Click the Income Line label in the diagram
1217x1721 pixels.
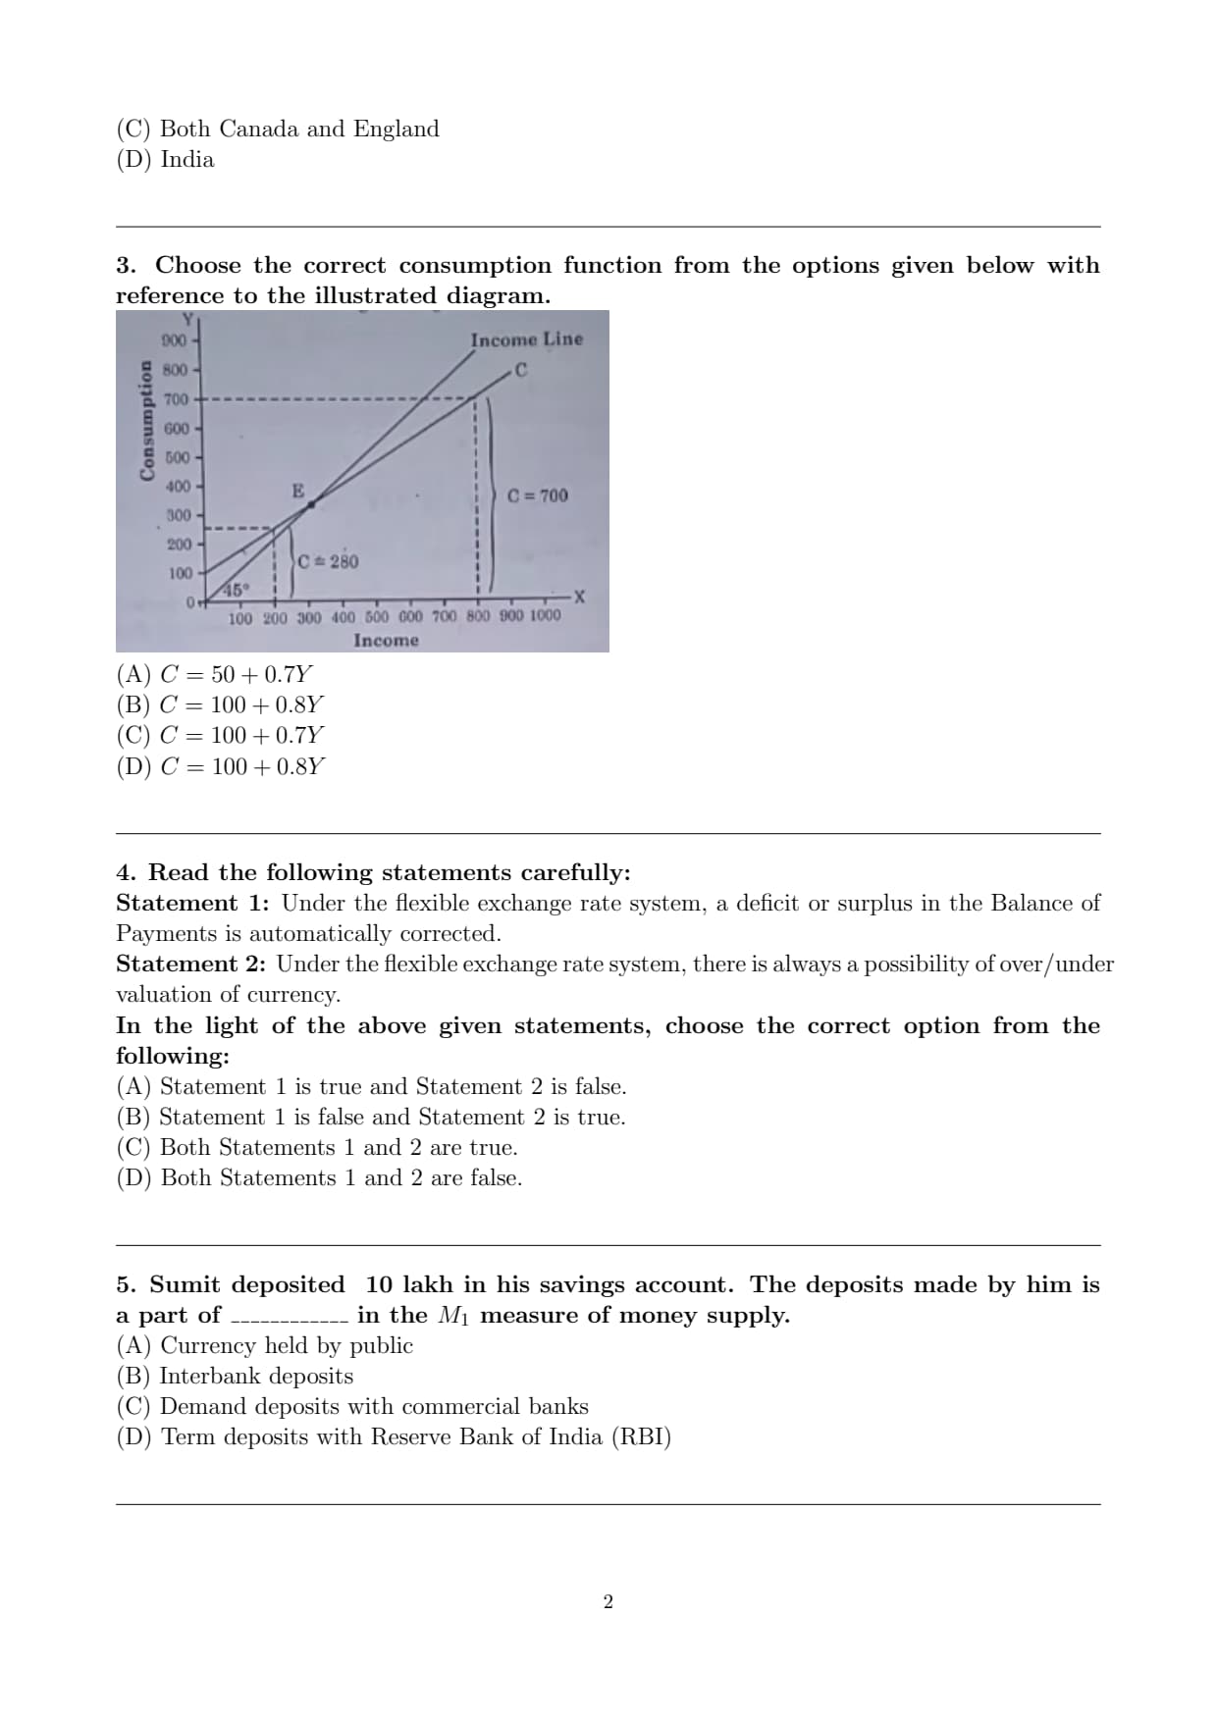click(x=526, y=339)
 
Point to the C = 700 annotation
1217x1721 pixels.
click(x=538, y=495)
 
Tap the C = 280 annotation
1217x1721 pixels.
click(x=329, y=561)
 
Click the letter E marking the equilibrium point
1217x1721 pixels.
click(x=297, y=491)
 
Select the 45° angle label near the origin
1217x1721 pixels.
click(x=236, y=590)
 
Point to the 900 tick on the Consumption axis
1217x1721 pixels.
click(x=174, y=340)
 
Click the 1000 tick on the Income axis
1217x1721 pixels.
click(x=546, y=615)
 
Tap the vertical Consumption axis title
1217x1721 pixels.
click(x=147, y=419)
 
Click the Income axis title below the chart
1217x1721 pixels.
click(x=386, y=641)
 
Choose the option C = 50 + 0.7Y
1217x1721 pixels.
click(x=215, y=674)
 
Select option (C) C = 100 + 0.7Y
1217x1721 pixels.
click(x=220, y=735)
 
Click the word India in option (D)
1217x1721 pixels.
click(x=186, y=159)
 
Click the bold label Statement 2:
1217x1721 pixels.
click(x=190, y=964)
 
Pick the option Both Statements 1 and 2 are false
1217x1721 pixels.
click(x=319, y=1177)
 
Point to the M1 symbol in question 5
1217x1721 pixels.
click(x=453, y=1316)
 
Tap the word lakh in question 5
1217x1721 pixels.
click(x=428, y=1284)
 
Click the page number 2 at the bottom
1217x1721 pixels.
click(x=608, y=1601)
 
